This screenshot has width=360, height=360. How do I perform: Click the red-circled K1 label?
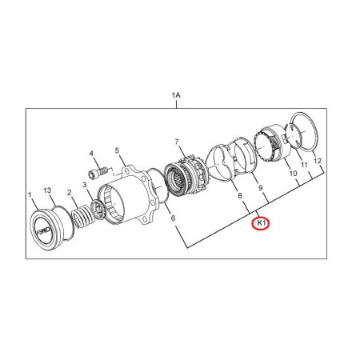pyautogui.click(x=261, y=224)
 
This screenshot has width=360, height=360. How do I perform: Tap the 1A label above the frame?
pyautogui.click(x=176, y=95)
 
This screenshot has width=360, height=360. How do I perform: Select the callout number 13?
pyautogui.click(x=47, y=190)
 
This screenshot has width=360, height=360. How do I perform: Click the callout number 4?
pyautogui.click(x=91, y=154)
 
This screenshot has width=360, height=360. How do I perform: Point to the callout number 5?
pyautogui.click(x=117, y=150)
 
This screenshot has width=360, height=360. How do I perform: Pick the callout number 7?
pyautogui.click(x=177, y=142)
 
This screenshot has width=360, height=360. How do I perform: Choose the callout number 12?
pyautogui.click(x=318, y=161)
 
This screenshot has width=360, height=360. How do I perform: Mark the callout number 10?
pyautogui.click(x=293, y=174)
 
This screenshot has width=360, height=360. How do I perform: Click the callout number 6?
pyautogui.click(x=173, y=218)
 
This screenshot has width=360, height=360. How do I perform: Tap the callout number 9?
pyautogui.click(x=261, y=188)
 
